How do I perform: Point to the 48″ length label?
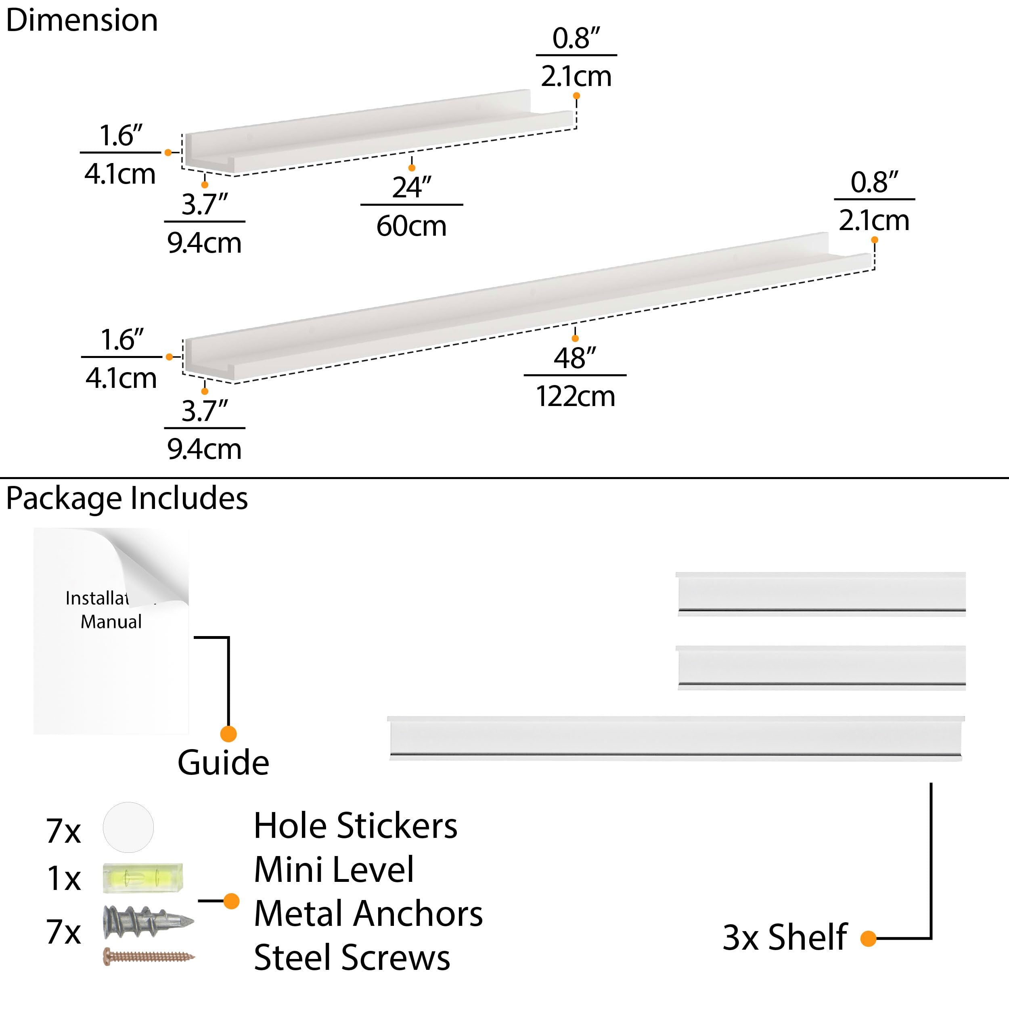click(x=574, y=358)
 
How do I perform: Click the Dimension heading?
click(x=82, y=21)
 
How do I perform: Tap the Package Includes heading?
click(x=127, y=498)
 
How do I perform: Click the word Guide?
click(x=223, y=763)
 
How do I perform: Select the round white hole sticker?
click(x=128, y=827)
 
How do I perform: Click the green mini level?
click(x=142, y=878)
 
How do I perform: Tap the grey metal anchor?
click(x=148, y=921)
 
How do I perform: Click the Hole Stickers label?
click(x=355, y=826)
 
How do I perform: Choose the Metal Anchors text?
click(x=368, y=914)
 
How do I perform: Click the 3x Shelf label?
click(x=785, y=938)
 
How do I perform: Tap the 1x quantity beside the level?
click(x=64, y=879)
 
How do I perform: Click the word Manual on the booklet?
click(x=111, y=622)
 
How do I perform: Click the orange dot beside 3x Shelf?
click(x=868, y=938)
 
